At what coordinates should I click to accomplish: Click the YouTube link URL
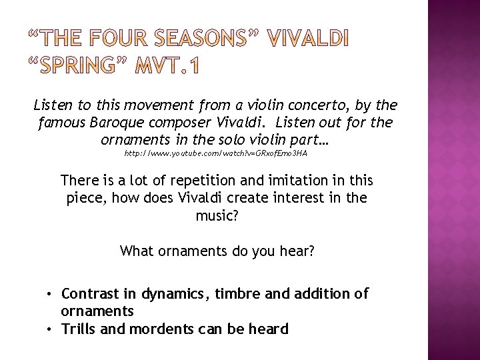click(216, 153)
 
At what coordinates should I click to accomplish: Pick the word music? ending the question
click(216, 215)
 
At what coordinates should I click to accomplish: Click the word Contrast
click(89, 294)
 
